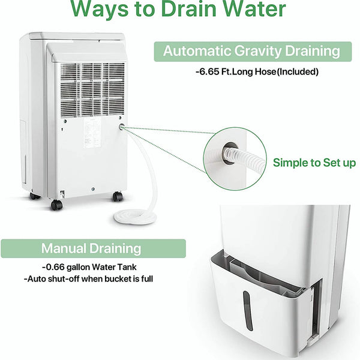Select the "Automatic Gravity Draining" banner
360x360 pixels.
[251, 51]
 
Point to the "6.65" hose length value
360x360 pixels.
[211, 72]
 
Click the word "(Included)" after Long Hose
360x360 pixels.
[296, 72]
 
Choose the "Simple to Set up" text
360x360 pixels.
[314, 163]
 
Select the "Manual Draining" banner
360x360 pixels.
[91, 248]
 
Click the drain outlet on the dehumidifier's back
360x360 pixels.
[122, 128]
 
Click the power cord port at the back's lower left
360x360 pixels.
[62, 193]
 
